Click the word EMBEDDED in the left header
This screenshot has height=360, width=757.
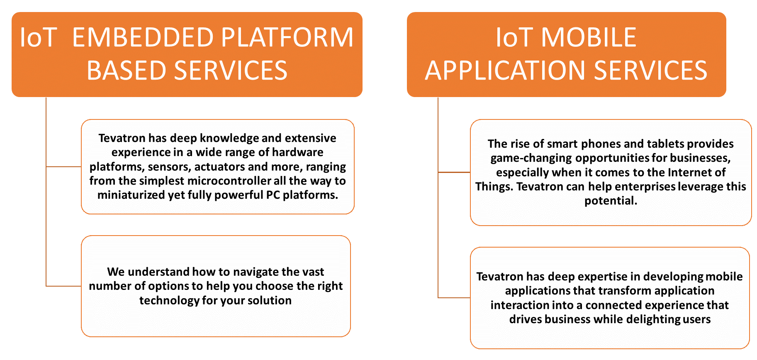tap(143, 37)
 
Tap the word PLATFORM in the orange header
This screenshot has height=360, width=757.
tap(287, 37)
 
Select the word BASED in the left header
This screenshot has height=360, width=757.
tap(127, 70)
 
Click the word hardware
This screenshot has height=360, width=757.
tap(297, 152)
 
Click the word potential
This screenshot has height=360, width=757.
tap(611, 201)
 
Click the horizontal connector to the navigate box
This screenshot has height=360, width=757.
tap(63, 286)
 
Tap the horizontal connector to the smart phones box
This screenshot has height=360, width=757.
tap(454, 172)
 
